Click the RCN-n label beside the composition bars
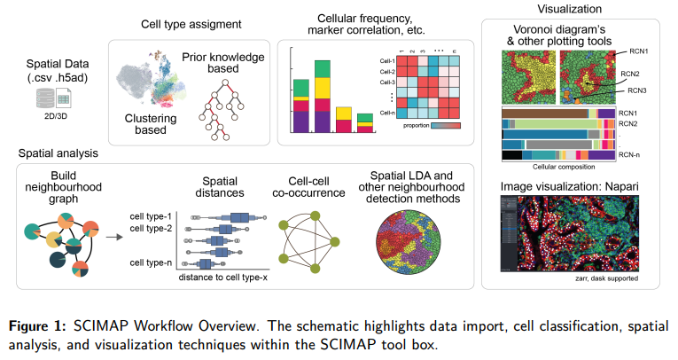pyautogui.click(x=630, y=156)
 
